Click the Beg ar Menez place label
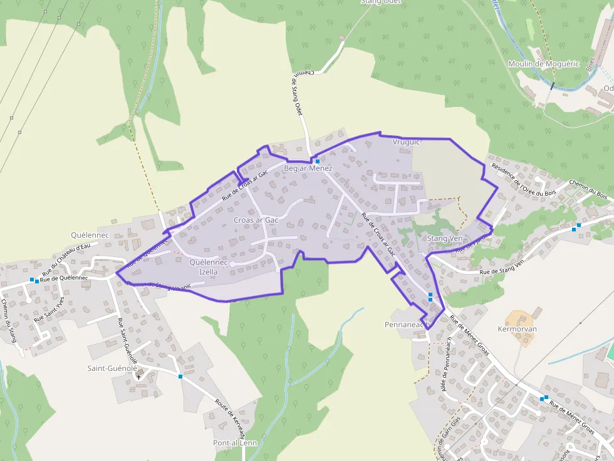[x=308, y=169]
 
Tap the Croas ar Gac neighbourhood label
[x=256, y=220]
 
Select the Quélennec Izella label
[x=208, y=267]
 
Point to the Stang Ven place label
[x=444, y=239]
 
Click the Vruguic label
[x=405, y=143]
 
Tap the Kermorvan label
[x=518, y=329]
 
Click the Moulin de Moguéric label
[x=534, y=64]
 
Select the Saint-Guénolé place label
[x=112, y=368]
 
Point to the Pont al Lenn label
[x=235, y=443]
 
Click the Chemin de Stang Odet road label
[x=298, y=94]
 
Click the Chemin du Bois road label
[x=588, y=190]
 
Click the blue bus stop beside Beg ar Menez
[x=318, y=161]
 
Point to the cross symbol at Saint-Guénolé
[x=138, y=377]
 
